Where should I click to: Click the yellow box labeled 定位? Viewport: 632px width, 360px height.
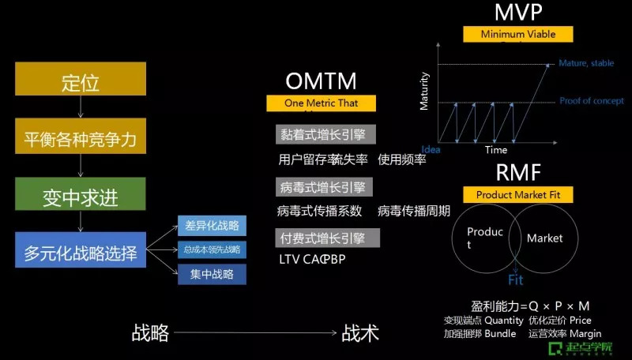[x=80, y=82]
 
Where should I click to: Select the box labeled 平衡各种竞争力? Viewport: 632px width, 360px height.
[x=80, y=139]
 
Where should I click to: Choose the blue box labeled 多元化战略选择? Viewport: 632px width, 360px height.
[x=80, y=253]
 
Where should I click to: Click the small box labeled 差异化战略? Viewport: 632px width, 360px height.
[x=211, y=226]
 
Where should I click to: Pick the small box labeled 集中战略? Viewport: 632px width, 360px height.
[x=211, y=274]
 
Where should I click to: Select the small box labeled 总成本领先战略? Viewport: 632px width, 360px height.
[x=211, y=249]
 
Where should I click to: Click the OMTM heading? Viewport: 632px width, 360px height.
[x=321, y=81]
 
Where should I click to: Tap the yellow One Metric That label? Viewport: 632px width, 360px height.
[x=321, y=103]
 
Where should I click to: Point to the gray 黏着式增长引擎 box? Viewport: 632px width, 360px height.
[x=325, y=134]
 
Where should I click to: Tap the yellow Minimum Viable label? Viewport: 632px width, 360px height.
[x=518, y=34]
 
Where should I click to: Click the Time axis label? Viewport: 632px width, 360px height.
[x=496, y=149]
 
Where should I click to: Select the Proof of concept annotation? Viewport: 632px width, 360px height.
[x=592, y=101]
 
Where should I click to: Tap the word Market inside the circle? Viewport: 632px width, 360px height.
[x=545, y=238]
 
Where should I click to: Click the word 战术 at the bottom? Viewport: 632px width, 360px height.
[x=360, y=333]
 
